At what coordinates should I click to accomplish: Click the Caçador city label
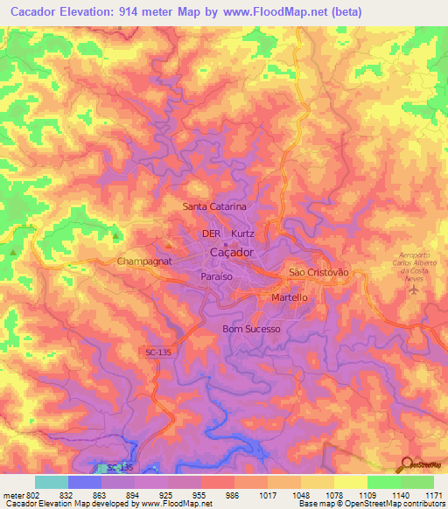[x=233, y=253]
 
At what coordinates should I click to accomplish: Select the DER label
[x=211, y=234]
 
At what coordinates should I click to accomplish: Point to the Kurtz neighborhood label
[x=242, y=234]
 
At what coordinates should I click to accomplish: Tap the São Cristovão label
[x=318, y=273]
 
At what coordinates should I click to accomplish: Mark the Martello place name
[x=290, y=297]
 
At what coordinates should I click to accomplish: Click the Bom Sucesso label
[x=252, y=329]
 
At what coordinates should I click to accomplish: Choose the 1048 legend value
[x=298, y=494]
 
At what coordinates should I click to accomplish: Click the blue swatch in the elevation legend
[x=85, y=482]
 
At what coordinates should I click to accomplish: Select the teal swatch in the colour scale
[x=52, y=482]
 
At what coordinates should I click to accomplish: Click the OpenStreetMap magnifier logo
[x=404, y=464]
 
